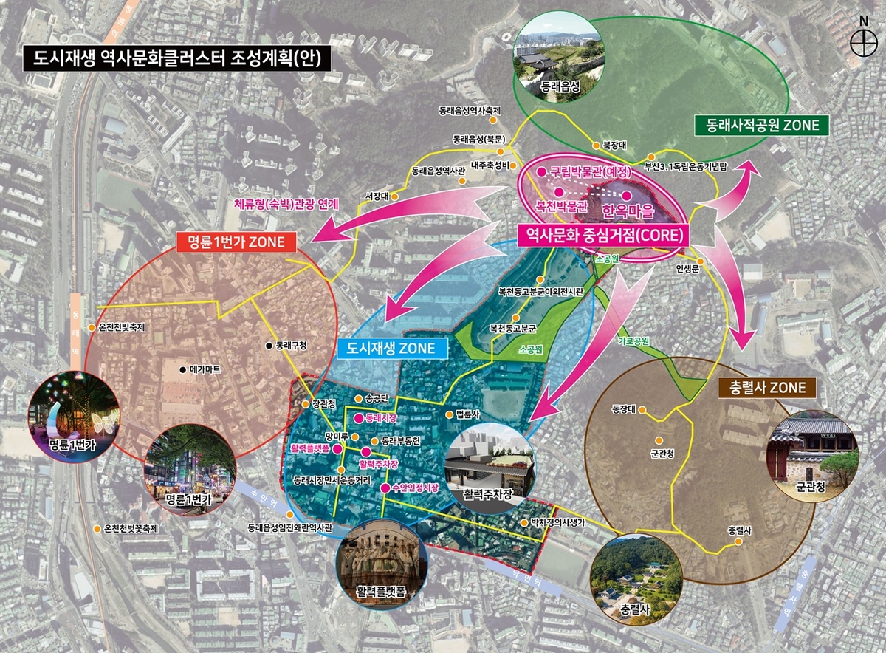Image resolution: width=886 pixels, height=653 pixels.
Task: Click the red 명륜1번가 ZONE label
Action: [236, 242]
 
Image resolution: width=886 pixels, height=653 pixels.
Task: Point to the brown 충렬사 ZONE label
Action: [766, 386]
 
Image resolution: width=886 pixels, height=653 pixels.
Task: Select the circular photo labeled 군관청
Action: [813, 457]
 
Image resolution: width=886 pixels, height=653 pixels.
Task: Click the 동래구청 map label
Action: [290, 345]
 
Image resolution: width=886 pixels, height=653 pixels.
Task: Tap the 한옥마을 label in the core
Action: [629, 210]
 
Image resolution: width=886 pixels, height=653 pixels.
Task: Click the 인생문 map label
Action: [687, 269]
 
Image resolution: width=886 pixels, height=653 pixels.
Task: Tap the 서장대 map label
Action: [377, 196]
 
